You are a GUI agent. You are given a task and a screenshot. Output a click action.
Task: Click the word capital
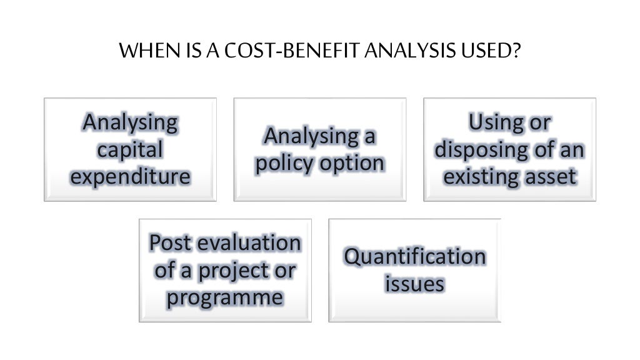[x=130, y=150]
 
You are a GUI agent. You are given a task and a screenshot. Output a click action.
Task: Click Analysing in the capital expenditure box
[x=130, y=122]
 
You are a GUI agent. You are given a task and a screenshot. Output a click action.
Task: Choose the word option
[x=352, y=164]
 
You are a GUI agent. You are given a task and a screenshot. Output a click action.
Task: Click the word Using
[x=494, y=122]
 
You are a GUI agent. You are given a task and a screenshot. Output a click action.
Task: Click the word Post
[x=172, y=242]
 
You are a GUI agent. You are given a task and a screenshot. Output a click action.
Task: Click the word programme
[x=225, y=297]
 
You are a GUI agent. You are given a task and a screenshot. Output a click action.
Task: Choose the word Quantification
[x=414, y=256]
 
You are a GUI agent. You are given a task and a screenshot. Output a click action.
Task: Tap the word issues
[x=414, y=284]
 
